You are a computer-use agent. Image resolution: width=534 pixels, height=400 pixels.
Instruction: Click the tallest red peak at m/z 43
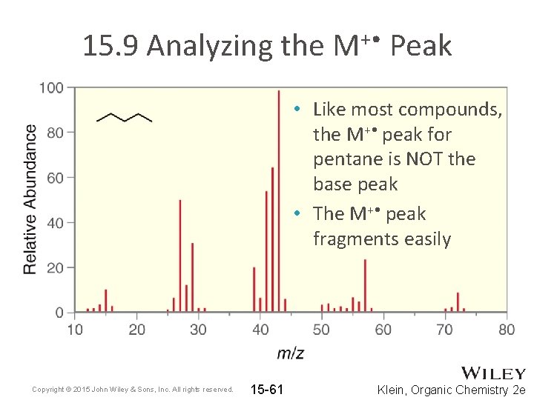tap(278, 200)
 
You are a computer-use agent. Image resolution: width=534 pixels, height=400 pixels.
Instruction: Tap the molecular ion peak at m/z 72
tap(458, 302)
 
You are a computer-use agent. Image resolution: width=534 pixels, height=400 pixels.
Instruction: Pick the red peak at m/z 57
tap(365, 285)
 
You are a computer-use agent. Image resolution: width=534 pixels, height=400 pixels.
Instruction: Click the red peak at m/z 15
tap(105, 300)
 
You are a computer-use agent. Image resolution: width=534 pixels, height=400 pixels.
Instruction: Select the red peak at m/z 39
tap(254, 289)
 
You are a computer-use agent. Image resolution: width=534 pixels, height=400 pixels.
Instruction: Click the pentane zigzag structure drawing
tap(124, 117)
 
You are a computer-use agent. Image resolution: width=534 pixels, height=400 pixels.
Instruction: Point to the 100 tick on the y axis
tap(51, 87)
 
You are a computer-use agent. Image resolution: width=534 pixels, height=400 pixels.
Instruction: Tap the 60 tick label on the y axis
tap(55, 178)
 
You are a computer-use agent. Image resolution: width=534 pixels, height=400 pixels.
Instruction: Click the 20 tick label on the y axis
tap(55, 267)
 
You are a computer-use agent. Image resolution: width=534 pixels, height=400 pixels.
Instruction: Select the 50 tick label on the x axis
tap(321, 329)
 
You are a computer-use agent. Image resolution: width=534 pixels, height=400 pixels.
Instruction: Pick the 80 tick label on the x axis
tap(507, 329)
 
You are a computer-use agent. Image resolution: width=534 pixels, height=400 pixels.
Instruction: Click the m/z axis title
tap(290, 353)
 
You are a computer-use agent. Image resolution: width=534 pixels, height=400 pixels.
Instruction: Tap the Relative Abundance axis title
tap(30, 199)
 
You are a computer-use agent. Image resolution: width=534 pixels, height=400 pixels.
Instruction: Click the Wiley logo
tap(493, 373)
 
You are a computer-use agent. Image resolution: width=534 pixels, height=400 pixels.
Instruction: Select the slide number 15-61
tap(267, 389)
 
